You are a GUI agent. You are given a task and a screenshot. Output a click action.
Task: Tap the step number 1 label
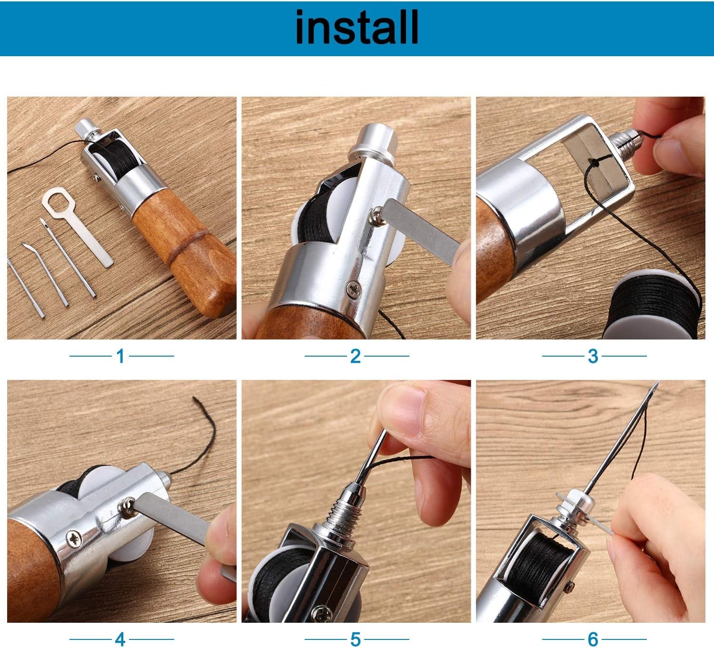pyautogui.click(x=120, y=356)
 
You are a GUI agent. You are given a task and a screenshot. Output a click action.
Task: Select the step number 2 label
pyautogui.click(x=355, y=356)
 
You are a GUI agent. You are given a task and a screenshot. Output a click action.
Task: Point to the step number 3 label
pyautogui.click(x=593, y=356)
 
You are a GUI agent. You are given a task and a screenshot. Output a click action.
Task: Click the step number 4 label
pyautogui.click(x=120, y=639)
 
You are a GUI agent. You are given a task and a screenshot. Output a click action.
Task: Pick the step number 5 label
pyautogui.click(x=355, y=639)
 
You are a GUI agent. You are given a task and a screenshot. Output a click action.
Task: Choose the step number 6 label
pyautogui.click(x=593, y=639)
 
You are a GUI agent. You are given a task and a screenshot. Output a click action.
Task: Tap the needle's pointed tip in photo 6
pyautogui.click(x=658, y=383)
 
